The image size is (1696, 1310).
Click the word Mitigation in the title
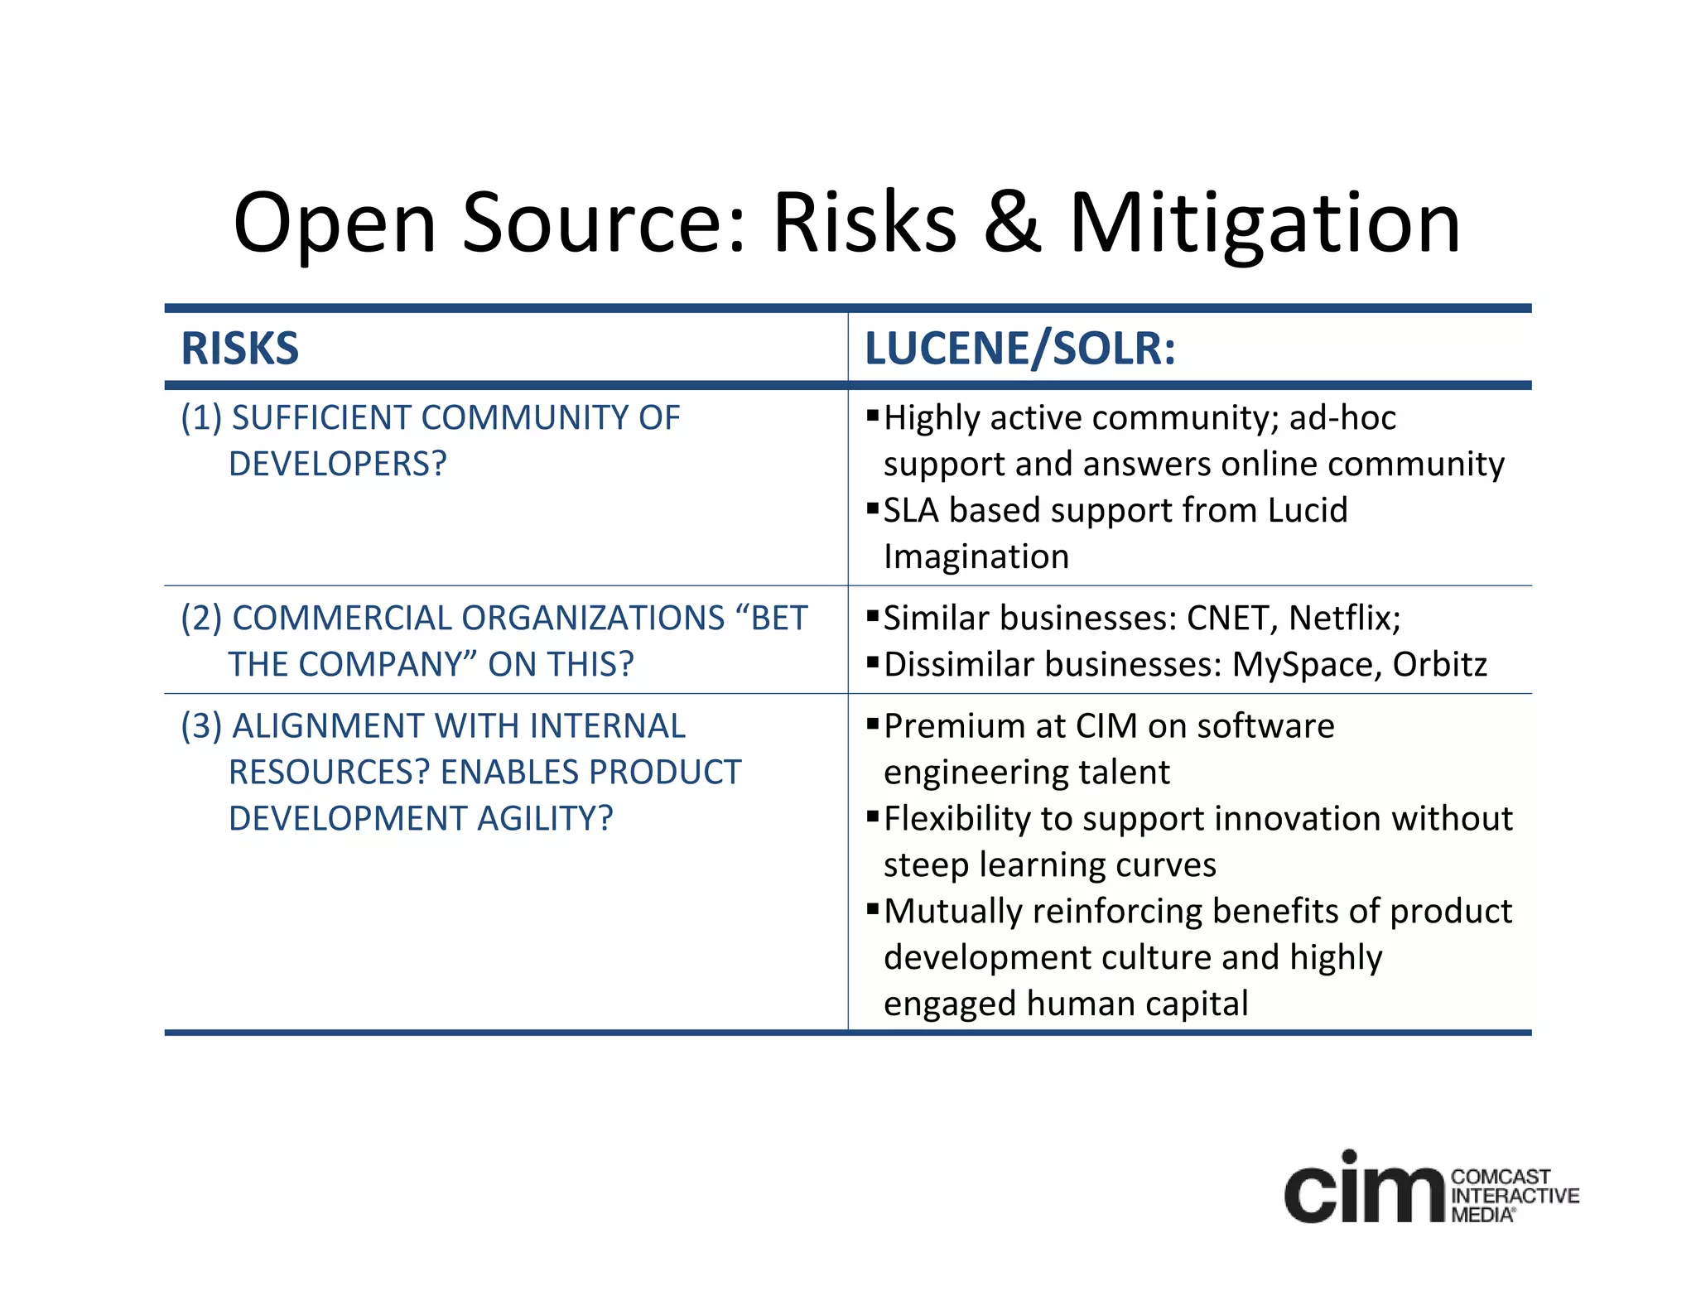(x=1265, y=224)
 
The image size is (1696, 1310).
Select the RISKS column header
(x=240, y=348)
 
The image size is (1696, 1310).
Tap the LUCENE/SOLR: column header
(x=1020, y=348)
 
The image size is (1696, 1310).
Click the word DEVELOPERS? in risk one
(x=337, y=464)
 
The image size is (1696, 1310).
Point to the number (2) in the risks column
(x=201, y=619)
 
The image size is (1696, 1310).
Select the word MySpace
(x=1306, y=665)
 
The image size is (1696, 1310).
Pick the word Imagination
(x=976, y=556)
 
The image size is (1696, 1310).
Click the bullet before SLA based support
(x=872, y=508)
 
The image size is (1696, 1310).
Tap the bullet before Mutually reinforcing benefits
(x=872, y=908)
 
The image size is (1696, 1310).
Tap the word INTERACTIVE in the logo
(x=1515, y=1196)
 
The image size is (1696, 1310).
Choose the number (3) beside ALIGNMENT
(x=201, y=726)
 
